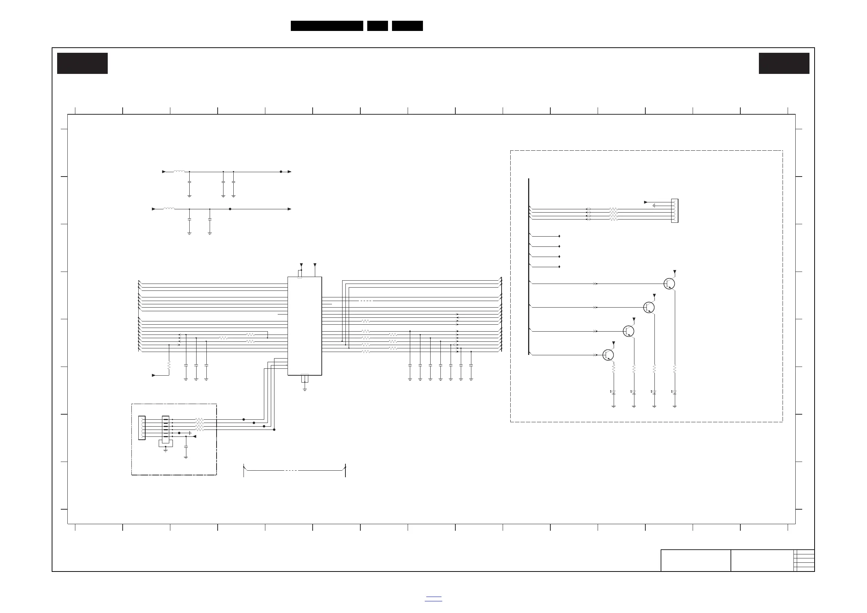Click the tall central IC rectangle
point(304,326)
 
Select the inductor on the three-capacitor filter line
point(179,171)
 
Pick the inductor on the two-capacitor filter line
point(169,209)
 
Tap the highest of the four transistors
point(669,284)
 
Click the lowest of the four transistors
point(608,355)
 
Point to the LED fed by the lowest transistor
point(613,392)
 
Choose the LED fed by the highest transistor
point(674,392)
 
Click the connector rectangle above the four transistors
point(674,211)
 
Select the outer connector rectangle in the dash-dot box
point(142,428)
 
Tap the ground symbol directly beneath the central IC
point(305,389)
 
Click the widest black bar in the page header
point(326,26)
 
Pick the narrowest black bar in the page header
point(377,26)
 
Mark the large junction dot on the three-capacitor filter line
point(281,171)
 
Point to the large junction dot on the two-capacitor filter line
point(230,209)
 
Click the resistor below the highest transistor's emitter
point(674,369)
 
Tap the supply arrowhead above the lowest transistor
point(613,343)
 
